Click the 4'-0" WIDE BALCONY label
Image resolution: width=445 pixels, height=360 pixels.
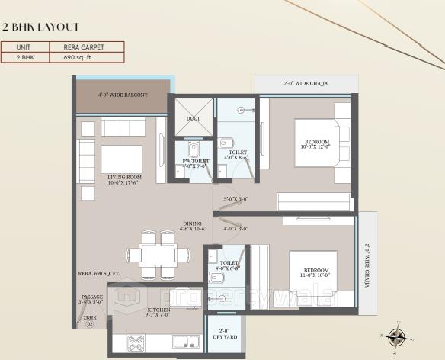[123, 95]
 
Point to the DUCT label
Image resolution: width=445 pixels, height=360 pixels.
[194, 118]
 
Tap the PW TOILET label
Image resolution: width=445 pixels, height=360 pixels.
[196, 162]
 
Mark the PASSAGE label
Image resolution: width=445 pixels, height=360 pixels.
[91, 299]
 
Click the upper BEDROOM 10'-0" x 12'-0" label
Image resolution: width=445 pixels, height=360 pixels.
[316, 144]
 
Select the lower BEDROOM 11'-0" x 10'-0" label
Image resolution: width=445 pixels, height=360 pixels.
[315, 272]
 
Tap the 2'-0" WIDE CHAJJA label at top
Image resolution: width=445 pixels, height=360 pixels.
[306, 83]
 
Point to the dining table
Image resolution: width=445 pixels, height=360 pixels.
[158, 254]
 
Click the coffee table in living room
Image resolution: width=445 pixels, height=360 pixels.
[122, 159]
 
